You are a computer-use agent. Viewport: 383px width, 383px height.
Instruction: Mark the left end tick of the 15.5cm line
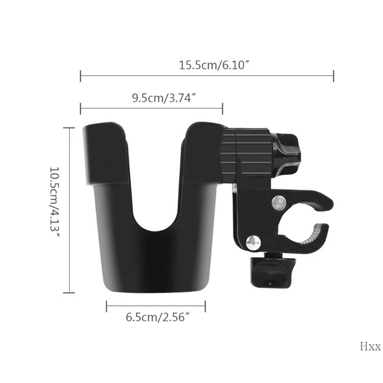point(80,76)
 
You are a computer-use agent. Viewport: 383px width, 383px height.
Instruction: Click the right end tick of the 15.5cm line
point(333,76)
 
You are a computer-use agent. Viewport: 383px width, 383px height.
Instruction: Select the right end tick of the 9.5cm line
point(222,108)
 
